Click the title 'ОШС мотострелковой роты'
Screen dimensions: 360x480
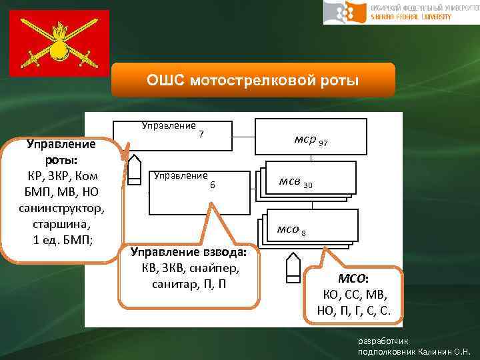[253, 81]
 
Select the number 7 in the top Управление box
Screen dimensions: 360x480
[201, 135]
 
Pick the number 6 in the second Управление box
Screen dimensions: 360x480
[212, 185]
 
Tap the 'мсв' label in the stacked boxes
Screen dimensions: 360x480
[291, 182]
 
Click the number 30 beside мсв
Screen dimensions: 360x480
[308, 185]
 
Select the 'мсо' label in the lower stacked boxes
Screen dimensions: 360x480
[288, 229]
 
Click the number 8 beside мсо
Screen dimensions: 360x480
[304, 233]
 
